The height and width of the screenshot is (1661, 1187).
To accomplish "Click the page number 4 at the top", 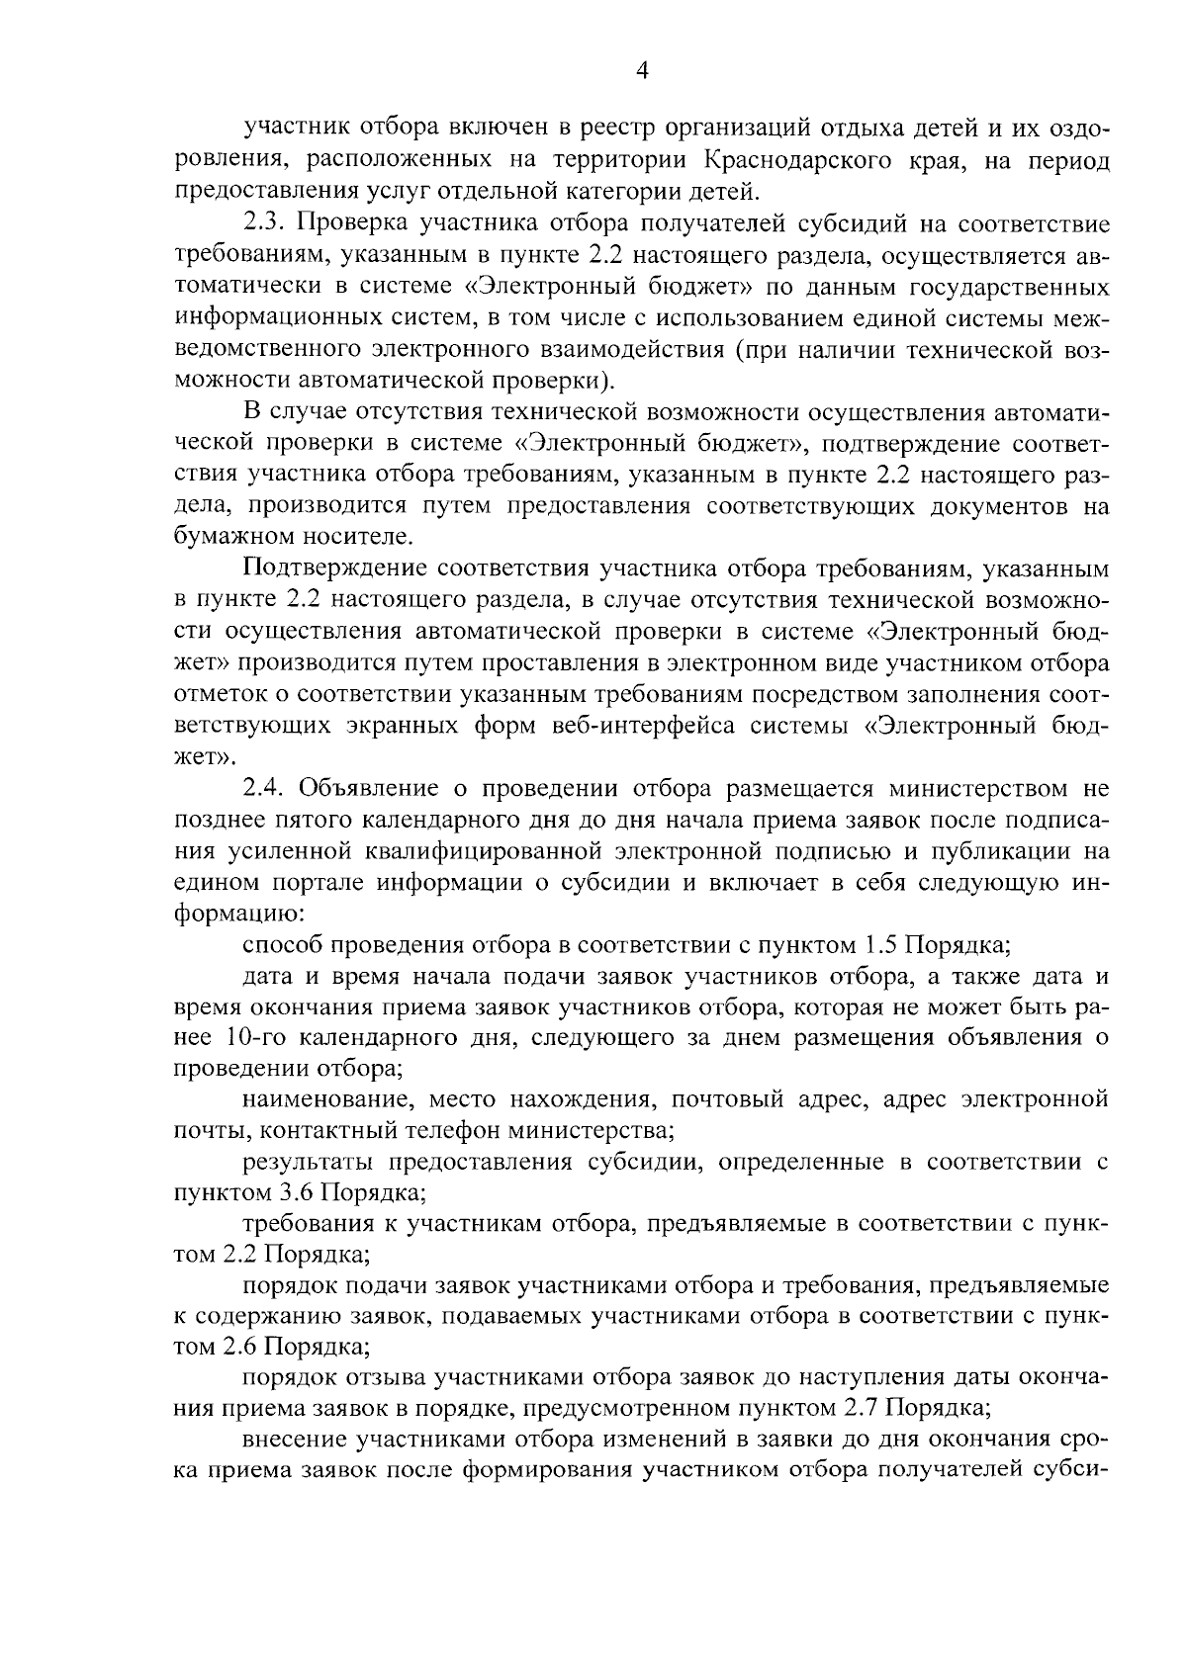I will click(x=641, y=69).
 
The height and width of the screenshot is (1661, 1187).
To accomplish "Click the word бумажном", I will click(x=223, y=538).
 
